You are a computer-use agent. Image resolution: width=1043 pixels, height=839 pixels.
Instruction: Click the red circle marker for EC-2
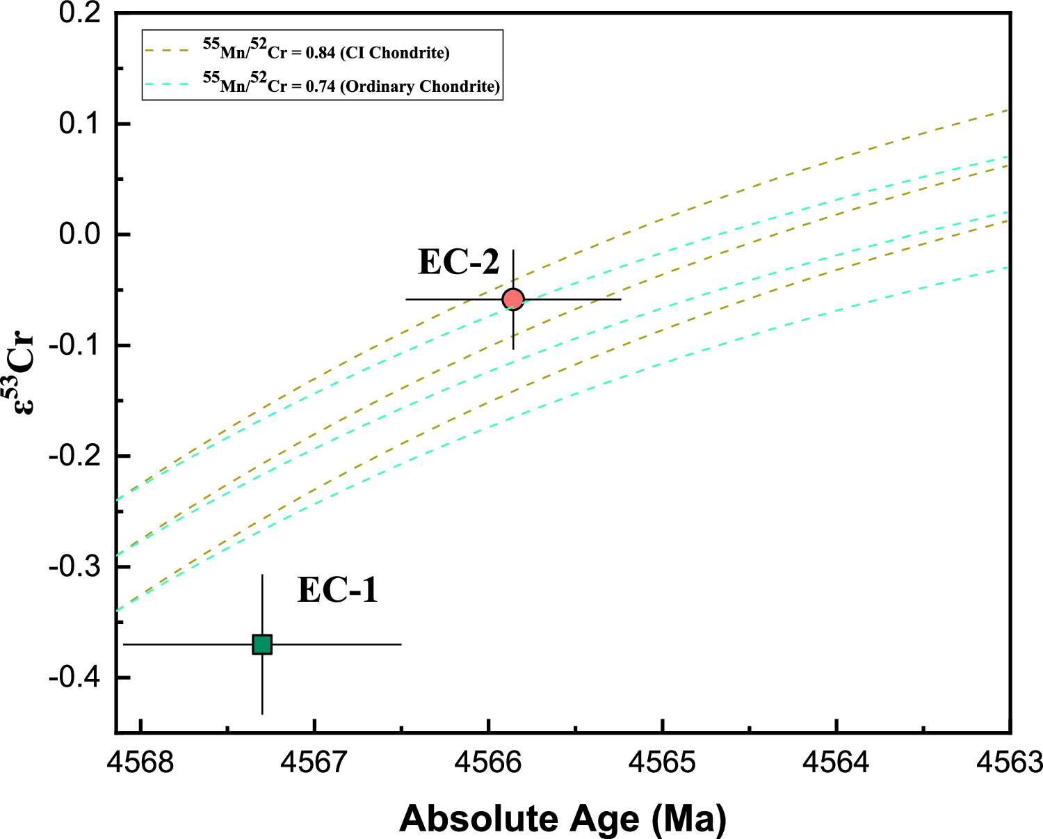click(x=513, y=299)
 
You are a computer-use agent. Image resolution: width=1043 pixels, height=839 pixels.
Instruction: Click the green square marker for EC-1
click(x=262, y=644)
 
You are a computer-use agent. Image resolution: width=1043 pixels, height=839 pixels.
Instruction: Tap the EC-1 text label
click(x=337, y=590)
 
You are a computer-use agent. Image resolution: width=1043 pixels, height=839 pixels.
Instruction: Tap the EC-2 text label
click(x=458, y=262)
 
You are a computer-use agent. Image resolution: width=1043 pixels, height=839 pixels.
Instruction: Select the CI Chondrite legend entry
click(x=326, y=51)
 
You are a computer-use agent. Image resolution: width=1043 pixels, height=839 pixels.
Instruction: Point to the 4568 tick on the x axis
click(x=141, y=763)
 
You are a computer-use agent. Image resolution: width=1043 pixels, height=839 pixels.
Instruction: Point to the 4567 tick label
click(x=315, y=763)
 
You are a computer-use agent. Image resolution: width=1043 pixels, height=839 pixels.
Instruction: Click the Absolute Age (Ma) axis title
click(x=563, y=818)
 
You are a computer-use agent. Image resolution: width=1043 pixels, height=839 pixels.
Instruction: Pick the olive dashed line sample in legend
click(x=167, y=51)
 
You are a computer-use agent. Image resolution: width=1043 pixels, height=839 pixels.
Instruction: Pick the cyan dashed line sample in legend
click(x=167, y=84)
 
